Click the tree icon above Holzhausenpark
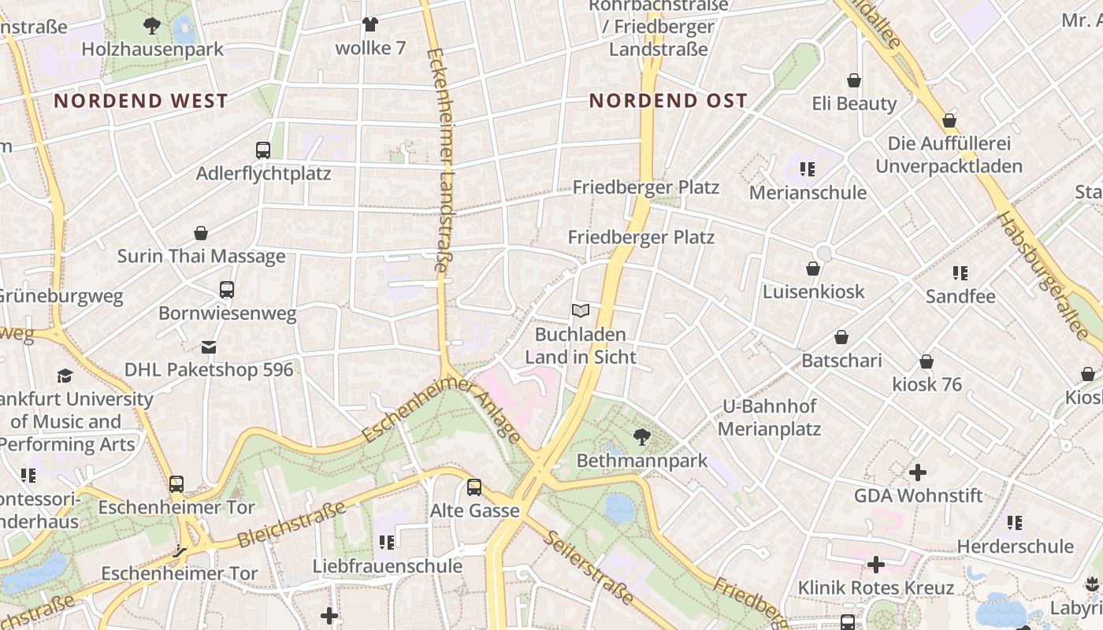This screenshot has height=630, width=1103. coord(152,26)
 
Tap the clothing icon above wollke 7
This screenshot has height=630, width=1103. coord(370,24)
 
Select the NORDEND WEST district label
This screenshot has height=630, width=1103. coord(141,101)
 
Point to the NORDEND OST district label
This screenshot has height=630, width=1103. coord(668,101)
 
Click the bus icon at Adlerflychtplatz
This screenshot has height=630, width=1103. coord(263,150)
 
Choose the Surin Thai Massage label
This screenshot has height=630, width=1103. coord(201,256)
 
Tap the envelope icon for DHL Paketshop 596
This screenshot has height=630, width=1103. coord(209,346)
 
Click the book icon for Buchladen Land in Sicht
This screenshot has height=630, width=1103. coord(581,311)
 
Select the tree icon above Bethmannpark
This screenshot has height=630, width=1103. coord(642,436)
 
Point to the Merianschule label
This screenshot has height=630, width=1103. coord(808,193)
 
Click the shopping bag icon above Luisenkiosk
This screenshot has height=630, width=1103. coord(813,269)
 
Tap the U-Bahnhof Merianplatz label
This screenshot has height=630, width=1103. coord(769,418)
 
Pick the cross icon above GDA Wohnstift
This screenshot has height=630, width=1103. coord(918,472)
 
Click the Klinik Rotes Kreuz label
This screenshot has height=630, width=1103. coord(875,588)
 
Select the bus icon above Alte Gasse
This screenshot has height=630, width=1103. coord(474,487)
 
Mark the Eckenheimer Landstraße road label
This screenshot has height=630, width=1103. coord(438,161)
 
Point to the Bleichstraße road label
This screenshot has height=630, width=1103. coord(292,525)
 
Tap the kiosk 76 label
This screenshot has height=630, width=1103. coord(927,385)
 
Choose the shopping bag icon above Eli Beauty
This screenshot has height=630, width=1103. coord(854,80)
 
